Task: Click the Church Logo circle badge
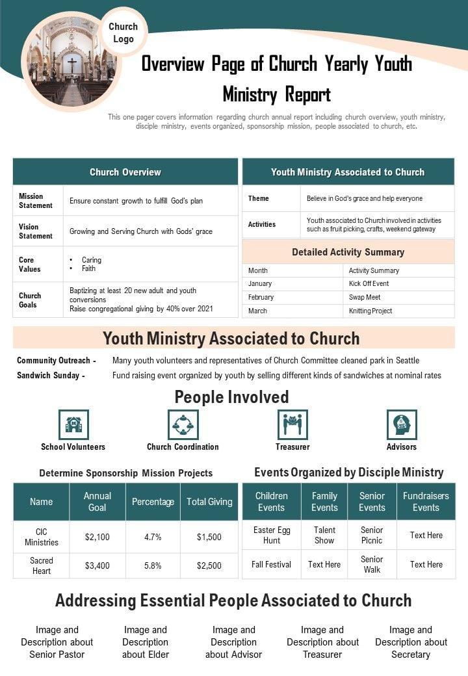tap(123, 32)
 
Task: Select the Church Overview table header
tap(125, 172)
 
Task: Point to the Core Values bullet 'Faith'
tap(88, 268)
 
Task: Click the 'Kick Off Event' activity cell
tap(369, 283)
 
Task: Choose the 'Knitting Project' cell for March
tap(370, 311)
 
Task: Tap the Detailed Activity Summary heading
tap(348, 252)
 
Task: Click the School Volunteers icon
tap(73, 424)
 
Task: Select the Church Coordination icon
tap(183, 424)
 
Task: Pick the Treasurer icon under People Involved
tap(292, 424)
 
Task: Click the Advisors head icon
tap(402, 424)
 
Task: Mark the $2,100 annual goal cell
tap(97, 537)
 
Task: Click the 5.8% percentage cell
tap(153, 565)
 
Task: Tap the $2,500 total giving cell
tap(209, 565)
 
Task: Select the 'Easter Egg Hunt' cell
tap(272, 535)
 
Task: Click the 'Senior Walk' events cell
tap(372, 564)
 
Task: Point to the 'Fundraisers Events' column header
tap(426, 502)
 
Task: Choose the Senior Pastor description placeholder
tap(57, 642)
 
